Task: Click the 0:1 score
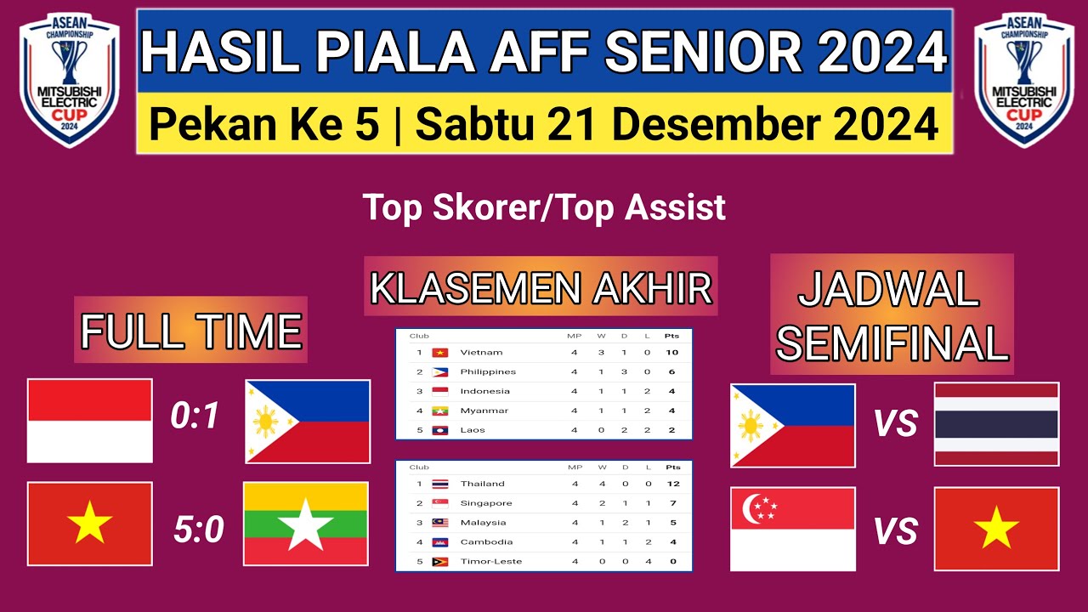(195, 416)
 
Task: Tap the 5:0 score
(198, 530)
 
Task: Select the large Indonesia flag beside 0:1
(90, 421)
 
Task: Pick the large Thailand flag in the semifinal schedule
(996, 424)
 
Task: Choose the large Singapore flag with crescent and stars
(793, 529)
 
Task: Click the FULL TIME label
(191, 331)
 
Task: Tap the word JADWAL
(889, 292)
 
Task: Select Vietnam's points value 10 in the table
(672, 352)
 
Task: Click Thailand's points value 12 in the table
(672, 484)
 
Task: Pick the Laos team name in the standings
(473, 430)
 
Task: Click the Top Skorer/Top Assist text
(544, 207)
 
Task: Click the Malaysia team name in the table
(483, 523)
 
